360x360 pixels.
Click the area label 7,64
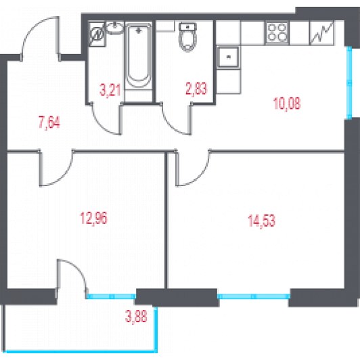(x=49, y=122)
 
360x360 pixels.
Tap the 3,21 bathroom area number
(x=110, y=89)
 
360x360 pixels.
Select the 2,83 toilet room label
(x=196, y=89)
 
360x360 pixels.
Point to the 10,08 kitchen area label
(x=287, y=104)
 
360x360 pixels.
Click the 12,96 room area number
(x=93, y=218)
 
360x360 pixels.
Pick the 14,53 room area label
(x=261, y=221)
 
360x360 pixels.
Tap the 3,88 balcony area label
(x=136, y=316)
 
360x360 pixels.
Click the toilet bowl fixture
(x=188, y=37)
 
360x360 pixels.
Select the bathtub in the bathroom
(x=139, y=57)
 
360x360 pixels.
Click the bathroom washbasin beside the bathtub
(x=114, y=28)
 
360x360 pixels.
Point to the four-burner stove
(x=277, y=33)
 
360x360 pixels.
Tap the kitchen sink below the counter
(x=228, y=57)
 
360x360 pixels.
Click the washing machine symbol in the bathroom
(x=97, y=35)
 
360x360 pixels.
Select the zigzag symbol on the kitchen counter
(x=323, y=32)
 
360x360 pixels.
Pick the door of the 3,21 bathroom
(x=106, y=118)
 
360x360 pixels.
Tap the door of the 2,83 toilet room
(x=176, y=118)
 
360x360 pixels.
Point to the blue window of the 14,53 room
(x=254, y=296)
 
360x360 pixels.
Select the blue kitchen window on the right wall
(x=349, y=83)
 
